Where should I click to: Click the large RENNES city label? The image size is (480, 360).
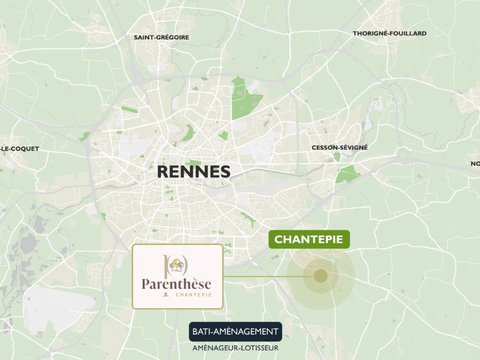click(194, 171)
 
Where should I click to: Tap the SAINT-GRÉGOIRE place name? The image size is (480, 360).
click(163, 38)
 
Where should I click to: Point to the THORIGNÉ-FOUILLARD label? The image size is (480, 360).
click(389, 33)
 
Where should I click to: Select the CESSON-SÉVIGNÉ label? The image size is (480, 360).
click(339, 147)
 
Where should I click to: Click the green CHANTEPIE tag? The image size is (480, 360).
click(308, 240)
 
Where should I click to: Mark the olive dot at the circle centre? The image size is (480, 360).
click(321, 276)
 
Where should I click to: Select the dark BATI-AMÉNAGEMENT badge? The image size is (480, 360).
click(235, 331)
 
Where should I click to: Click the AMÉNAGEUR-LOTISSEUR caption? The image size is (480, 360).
click(235, 348)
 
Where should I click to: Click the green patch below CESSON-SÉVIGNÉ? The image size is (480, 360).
click(347, 173)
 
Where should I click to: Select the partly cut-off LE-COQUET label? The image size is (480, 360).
click(18, 148)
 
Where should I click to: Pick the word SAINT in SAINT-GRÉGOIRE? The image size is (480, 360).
click(147, 38)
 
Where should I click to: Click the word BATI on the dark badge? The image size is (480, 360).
click(202, 331)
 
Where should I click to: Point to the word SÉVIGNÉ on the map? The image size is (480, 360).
click(353, 147)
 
